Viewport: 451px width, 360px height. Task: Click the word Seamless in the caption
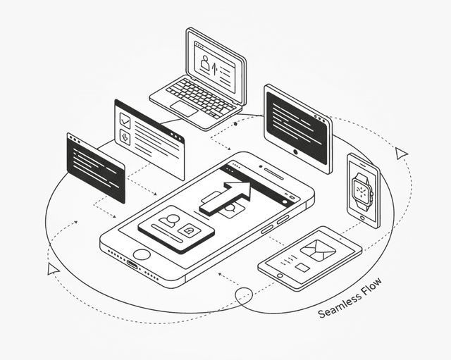340,305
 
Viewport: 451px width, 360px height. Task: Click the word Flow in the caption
373,287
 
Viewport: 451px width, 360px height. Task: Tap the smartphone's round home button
142,255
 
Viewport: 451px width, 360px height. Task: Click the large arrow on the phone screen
225,197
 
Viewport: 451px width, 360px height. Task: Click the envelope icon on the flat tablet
319,250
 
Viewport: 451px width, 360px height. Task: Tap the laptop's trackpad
184,108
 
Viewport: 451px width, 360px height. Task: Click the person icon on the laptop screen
205,63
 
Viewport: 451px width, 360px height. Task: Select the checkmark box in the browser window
125,121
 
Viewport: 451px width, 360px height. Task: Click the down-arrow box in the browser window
125,137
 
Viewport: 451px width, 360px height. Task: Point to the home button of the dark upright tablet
295,152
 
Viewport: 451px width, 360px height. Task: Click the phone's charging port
133,265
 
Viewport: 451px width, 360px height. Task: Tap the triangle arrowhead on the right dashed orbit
401,153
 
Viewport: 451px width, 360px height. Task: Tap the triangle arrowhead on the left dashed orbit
53,269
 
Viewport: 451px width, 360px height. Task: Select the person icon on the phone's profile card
168,220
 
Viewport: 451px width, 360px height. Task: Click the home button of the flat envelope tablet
280,275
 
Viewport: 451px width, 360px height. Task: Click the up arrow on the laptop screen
214,68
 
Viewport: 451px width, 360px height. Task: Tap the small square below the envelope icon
303,268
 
